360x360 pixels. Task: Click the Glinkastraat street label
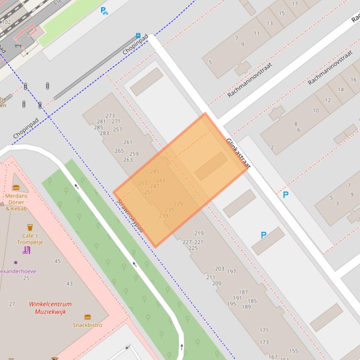coord(238,153)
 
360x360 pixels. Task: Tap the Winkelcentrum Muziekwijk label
coord(50,307)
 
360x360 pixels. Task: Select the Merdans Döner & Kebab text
coord(16,202)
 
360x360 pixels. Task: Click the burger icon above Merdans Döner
coord(16,188)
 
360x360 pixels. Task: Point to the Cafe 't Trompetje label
coord(30,239)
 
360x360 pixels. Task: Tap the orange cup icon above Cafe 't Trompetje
coord(30,228)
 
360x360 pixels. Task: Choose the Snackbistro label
coord(87,325)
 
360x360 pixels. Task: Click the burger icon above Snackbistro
coord(87,317)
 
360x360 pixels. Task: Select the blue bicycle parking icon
coord(104,10)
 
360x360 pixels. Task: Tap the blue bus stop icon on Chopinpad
coord(138,35)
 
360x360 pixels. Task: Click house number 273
coord(110,115)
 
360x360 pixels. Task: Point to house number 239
coord(163,216)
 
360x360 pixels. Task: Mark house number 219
coord(199,233)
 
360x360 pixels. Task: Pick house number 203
coord(220,268)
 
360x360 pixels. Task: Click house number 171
coord(264,331)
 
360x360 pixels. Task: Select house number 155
coord(294,351)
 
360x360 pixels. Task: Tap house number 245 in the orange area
coord(154,172)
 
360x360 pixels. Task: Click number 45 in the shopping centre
coord(58,261)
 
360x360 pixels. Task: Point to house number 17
coord(294,4)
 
